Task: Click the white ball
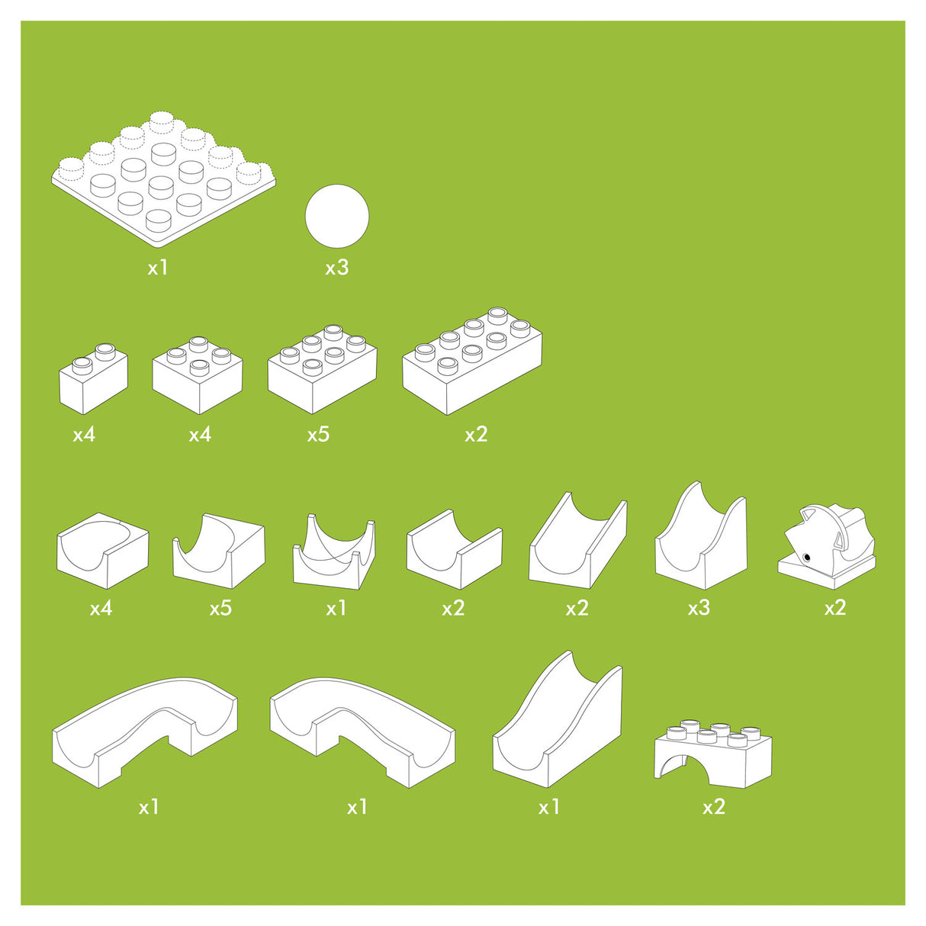pos(337,216)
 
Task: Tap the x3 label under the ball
pos(336,268)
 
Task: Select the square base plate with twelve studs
pos(163,179)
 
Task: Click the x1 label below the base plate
pos(158,268)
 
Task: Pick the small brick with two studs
pos(93,378)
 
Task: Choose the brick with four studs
pos(198,375)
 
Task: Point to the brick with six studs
pos(323,369)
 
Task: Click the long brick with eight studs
pos(472,361)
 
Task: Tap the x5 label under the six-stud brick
pos(318,435)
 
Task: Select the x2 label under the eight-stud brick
pos(476,435)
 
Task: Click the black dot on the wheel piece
pos(806,558)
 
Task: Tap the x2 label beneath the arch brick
pos(714,807)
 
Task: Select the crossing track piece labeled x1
pos(334,551)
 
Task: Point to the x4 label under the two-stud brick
pos(84,435)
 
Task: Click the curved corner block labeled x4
pos(103,551)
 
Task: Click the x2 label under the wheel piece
pos(835,608)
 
